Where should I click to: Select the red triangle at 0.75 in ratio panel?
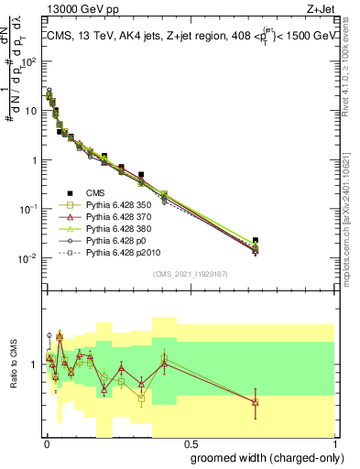tap(256, 401)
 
